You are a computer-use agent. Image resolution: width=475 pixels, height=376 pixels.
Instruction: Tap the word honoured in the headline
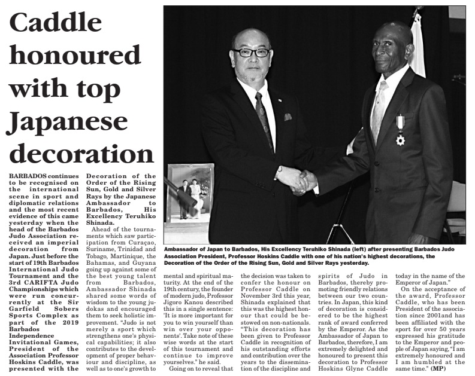click(74, 57)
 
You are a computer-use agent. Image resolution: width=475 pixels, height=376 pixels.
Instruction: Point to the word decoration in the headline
click(80, 154)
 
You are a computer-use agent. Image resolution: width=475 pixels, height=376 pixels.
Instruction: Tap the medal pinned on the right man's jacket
click(400, 132)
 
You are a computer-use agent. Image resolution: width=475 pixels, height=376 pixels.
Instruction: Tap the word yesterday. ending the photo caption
click(354, 262)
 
